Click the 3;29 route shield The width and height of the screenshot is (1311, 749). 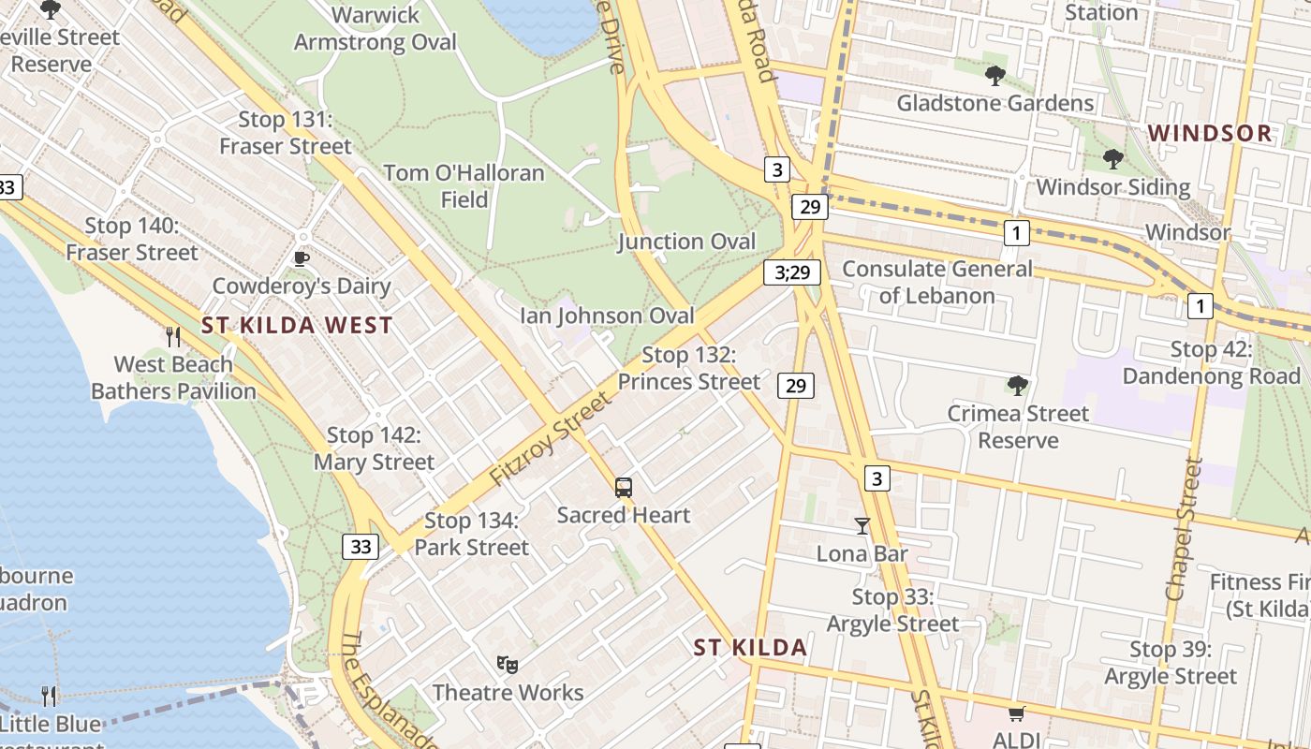[791, 272]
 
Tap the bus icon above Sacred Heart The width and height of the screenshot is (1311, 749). [624, 487]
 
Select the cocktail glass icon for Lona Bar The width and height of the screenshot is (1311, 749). [862, 526]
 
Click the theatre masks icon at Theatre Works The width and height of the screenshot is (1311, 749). [508, 665]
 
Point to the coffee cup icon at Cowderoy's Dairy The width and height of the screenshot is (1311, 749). [301, 258]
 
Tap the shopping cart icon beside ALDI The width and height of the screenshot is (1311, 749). [1017, 713]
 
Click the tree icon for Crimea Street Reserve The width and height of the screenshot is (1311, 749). [1018, 386]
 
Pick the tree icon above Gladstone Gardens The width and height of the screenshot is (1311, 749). [994, 75]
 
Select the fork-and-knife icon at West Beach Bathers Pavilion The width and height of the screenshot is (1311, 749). [173, 337]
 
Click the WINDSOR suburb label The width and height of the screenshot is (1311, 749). [1210, 133]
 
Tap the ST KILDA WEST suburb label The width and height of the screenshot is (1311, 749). [297, 326]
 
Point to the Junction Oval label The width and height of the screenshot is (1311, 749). [686, 242]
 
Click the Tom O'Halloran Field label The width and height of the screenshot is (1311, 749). [464, 186]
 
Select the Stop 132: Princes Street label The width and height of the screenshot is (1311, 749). [689, 369]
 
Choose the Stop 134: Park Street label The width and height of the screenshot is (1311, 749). [471, 534]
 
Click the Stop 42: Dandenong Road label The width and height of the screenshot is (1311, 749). [1212, 363]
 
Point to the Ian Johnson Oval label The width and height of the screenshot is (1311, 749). [608, 316]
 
